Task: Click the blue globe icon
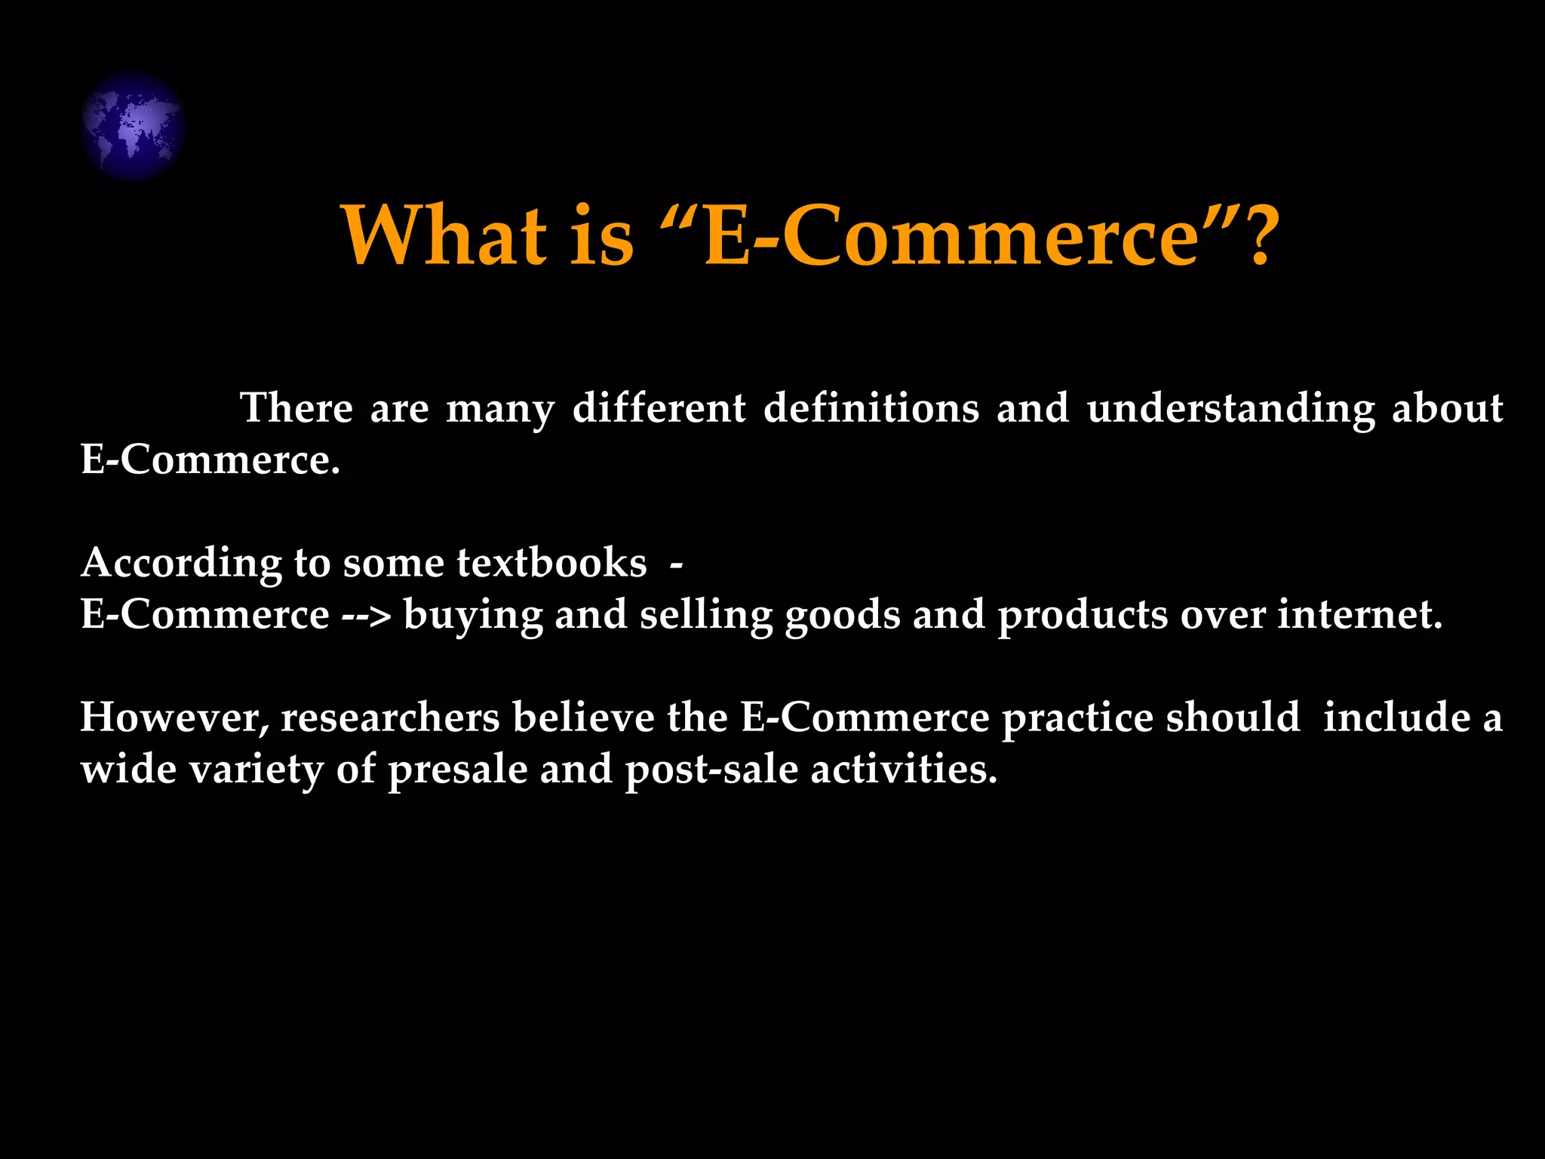[132, 126]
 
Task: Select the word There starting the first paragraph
[296, 408]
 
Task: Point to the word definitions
[871, 408]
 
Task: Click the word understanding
[1231, 410]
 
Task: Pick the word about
[1448, 408]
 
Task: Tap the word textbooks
[551, 563]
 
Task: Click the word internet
[1360, 615]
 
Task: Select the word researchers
[390, 718]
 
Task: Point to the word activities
[904, 770]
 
